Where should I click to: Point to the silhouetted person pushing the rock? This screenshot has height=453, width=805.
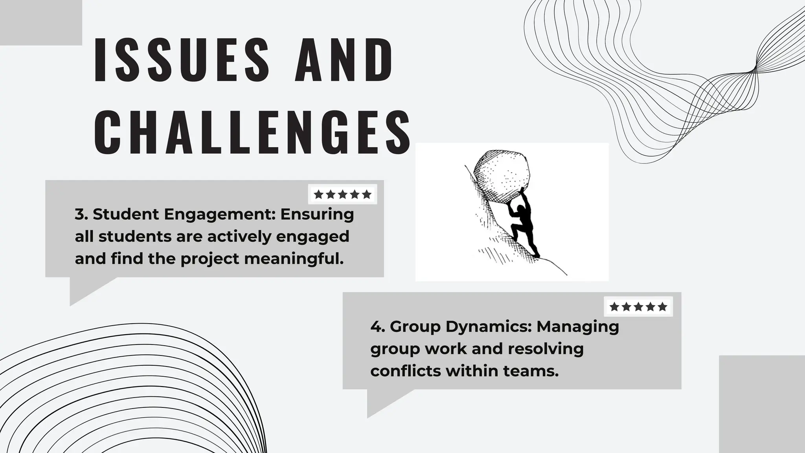523,228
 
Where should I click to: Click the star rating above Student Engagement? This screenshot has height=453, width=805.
342,194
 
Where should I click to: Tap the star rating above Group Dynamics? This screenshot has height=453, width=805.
638,307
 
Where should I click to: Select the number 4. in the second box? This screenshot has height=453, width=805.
377,326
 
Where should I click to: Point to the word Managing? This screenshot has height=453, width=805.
578,327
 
